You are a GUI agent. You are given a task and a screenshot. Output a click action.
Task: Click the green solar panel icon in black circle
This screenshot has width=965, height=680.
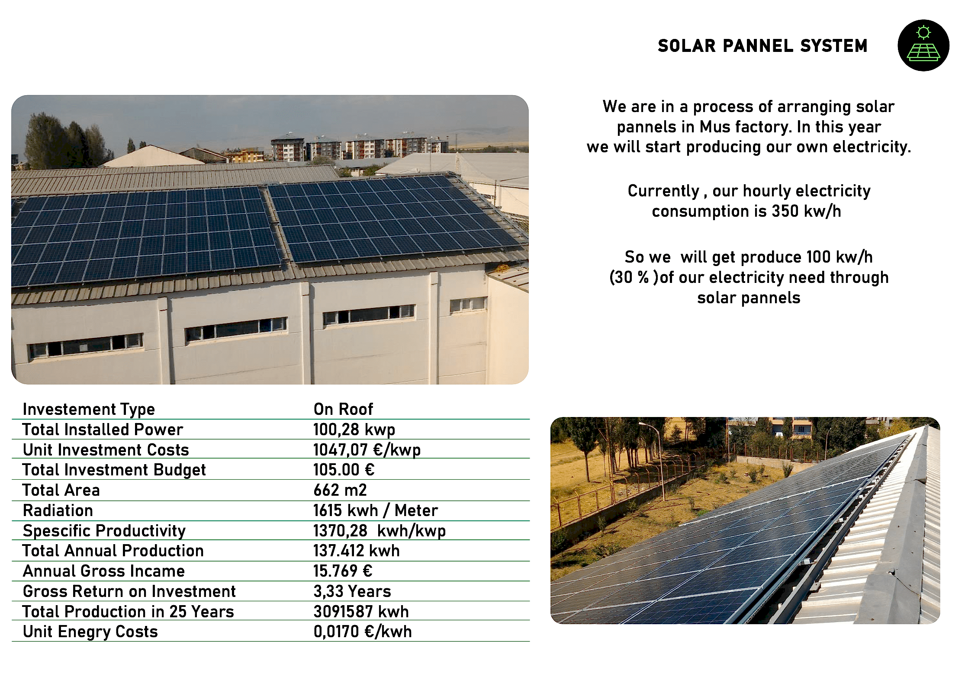tap(923, 45)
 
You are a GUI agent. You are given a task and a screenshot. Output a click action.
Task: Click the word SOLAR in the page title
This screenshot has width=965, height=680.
tap(687, 46)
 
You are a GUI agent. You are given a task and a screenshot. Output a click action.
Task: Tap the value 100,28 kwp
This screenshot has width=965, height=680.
tap(354, 430)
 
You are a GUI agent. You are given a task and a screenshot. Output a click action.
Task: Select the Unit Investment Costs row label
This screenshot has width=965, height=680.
tap(106, 450)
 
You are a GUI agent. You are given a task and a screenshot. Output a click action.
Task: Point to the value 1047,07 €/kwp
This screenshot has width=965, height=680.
tap(367, 450)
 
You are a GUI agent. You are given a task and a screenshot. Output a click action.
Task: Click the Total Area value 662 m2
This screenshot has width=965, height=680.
tap(340, 490)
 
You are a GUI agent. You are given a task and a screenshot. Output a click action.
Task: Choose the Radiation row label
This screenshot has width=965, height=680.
tap(58, 510)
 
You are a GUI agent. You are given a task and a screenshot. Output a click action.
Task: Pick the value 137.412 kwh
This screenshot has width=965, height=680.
tap(357, 551)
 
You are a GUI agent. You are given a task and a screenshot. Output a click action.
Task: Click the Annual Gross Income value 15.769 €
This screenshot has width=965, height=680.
tap(343, 571)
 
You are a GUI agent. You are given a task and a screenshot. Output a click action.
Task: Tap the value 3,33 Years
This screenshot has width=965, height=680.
tap(352, 591)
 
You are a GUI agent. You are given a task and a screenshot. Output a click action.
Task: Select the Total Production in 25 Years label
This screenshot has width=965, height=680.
tap(128, 612)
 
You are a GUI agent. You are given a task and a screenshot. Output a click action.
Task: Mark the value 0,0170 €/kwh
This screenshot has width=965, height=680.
tap(363, 632)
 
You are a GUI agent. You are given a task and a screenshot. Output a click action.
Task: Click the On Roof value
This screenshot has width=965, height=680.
tap(343, 409)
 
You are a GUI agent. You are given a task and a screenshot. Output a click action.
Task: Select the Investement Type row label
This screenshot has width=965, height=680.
tap(89, 409)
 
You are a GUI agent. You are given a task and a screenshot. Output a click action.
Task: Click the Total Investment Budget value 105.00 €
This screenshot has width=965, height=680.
tap(344, 470)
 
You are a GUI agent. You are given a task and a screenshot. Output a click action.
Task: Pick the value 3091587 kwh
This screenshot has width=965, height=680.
tap(361, 612)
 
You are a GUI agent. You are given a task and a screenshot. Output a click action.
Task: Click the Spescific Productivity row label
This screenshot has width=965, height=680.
tap(104, 531)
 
